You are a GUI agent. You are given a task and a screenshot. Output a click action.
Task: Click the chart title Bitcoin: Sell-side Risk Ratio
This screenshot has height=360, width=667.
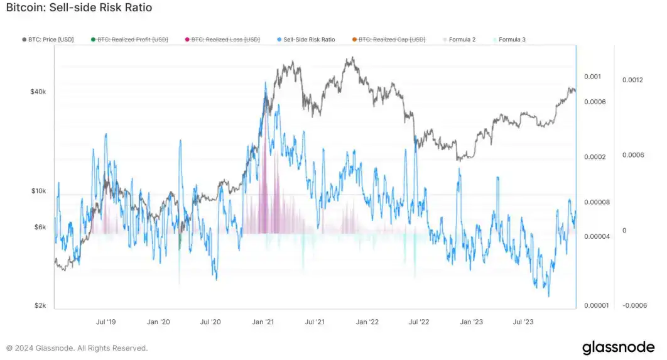pos(79,8)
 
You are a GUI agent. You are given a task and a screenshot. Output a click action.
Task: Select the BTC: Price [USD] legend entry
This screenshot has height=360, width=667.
pos(48,40)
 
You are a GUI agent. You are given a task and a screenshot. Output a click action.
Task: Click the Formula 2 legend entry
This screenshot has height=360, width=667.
pos(462,40)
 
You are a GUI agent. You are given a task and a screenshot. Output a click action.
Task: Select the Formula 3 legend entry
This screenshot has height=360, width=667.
pos(512,40)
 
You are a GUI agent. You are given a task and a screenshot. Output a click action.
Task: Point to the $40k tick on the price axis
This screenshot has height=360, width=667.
pos(38,92)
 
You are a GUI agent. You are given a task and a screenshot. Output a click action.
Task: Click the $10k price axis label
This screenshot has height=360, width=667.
pos(38,191)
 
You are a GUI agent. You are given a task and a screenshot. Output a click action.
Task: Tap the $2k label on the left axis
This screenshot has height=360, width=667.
pos(40,306)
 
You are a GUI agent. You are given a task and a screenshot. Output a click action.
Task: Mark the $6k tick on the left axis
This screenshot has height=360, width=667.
pos(40,227)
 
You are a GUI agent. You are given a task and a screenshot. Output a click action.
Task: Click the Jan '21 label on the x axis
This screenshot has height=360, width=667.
pos(263,322)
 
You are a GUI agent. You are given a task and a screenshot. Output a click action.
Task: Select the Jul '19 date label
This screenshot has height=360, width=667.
pos(106,322)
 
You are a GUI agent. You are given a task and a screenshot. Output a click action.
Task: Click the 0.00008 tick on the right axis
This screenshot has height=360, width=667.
pos(597,202)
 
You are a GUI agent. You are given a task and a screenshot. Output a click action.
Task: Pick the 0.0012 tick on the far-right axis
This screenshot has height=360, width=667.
pos(633,80)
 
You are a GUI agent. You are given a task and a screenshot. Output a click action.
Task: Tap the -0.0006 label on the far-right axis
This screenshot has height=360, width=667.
pos(634,306)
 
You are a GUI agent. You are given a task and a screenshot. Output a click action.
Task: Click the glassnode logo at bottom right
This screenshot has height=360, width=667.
pos(618,347)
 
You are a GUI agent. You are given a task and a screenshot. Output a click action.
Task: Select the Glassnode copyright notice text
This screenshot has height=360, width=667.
pos(77,348)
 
